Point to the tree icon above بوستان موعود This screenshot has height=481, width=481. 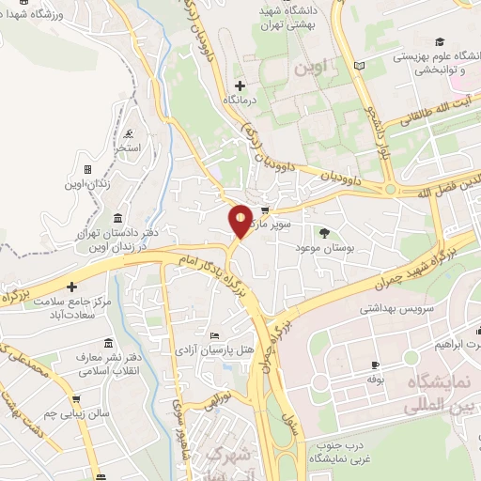click(325, 231)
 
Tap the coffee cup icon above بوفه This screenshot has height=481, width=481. click(376, 365)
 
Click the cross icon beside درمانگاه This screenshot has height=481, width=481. click(240, 85)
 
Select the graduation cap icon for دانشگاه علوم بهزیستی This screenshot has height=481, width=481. click(439, 42)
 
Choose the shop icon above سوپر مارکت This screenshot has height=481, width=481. click(266, 210)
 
